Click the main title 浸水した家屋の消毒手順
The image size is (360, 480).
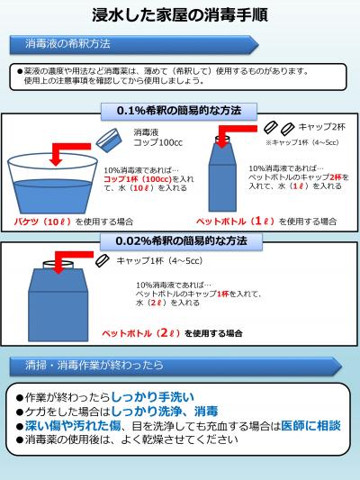click(179, 15)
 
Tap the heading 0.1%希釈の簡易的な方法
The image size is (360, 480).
click(179, 110)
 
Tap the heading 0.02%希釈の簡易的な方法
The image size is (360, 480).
click(181, 241)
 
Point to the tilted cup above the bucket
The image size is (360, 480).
click(110, 137)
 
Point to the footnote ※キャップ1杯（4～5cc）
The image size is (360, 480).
click(301, 141)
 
